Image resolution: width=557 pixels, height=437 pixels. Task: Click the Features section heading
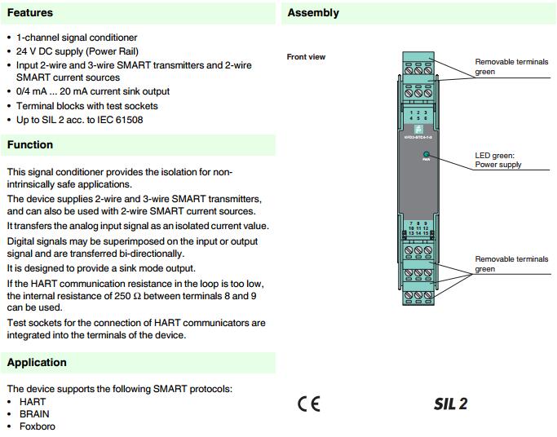(30, 12)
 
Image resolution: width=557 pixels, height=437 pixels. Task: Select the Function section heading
(30, 144)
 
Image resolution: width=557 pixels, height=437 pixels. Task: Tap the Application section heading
(37, 362)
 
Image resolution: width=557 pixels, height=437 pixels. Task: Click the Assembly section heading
(313, 12)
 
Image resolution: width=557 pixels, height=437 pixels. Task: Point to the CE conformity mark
(309, 404)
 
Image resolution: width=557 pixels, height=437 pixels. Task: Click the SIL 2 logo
(450, 404)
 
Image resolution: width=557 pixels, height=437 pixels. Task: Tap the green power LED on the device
(425, 153)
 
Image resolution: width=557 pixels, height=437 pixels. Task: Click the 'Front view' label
(306, 57)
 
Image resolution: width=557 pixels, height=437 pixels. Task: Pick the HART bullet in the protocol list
(33, 402)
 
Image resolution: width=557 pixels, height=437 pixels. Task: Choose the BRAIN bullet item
(34, 414)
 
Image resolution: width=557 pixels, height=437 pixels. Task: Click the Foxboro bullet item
(37, 426)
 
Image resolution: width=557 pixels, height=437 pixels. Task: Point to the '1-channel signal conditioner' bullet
(77, 38)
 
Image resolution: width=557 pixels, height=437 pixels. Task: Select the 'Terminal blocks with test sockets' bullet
(87, 106)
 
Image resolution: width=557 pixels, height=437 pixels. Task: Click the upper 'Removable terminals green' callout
(511, 67)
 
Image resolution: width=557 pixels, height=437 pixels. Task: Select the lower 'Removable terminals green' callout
(511, 264)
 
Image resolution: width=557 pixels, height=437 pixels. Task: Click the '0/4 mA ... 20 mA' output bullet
(93, 92)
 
